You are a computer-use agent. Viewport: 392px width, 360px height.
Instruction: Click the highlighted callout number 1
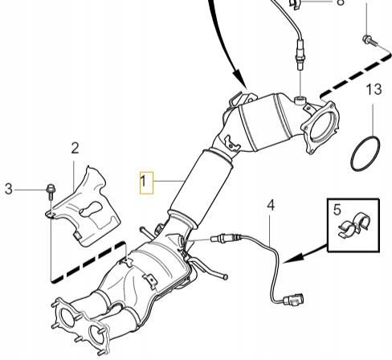tap(143, 182)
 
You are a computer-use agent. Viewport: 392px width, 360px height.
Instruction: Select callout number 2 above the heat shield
tap(75, 148)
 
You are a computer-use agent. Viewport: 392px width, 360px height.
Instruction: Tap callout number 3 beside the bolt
tap(9, 189)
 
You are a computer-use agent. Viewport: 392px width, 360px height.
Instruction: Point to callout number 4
tap(271, 206)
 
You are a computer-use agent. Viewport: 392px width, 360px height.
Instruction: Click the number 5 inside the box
tap(337, 210)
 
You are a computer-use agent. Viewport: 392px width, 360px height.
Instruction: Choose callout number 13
tap(374, 89)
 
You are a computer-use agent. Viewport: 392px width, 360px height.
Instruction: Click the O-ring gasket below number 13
tap(365, 153)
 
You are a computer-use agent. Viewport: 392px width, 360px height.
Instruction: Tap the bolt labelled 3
tap(51, 192)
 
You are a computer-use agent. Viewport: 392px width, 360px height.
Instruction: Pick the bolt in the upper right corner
tap(370, 40)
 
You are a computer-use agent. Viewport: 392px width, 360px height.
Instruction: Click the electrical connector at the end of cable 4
tap(293, 300)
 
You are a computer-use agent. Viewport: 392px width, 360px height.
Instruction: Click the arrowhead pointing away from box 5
tap(292, 259)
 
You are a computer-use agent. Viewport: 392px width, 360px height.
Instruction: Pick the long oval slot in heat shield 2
tap(91, 209)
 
